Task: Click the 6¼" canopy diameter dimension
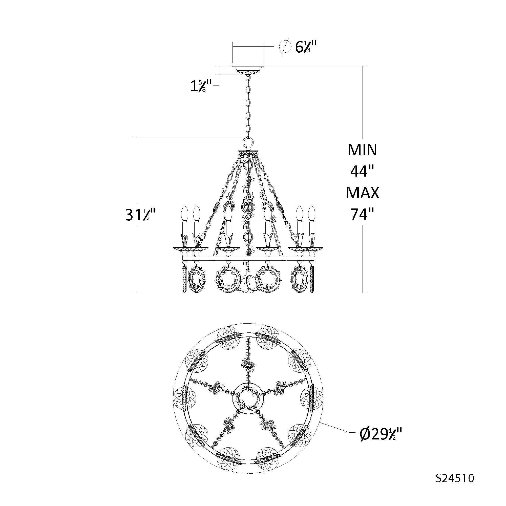pos(306,47)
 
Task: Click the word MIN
pos(362,150)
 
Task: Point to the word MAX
pos(362,193)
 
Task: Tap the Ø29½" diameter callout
pos(381,435)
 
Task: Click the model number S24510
pos(455,478)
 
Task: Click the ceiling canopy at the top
pos(248,70)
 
